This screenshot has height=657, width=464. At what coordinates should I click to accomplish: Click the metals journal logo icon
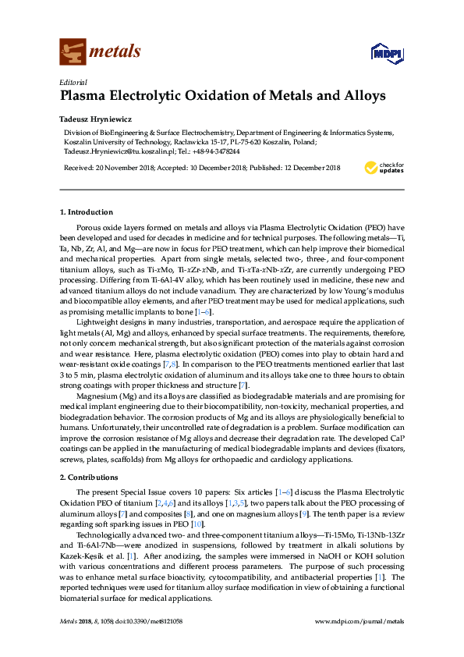(x=73, y=51)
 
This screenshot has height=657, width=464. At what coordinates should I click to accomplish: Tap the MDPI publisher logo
(x=380, y=52)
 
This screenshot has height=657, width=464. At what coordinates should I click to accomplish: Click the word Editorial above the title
(x=73, y=82)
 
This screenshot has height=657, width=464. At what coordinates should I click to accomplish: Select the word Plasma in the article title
(x=87, y=97)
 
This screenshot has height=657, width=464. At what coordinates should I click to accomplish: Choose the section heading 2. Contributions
(x=90, y=476)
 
